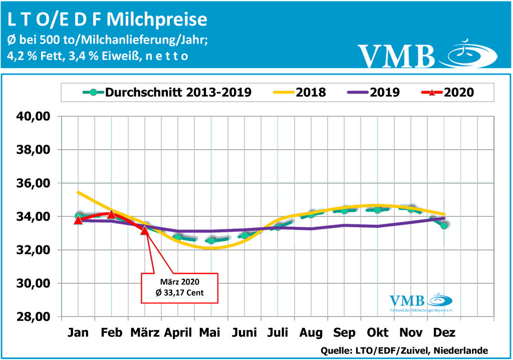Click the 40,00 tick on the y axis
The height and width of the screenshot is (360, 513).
click(34, 117)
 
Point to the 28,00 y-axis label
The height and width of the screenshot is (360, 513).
click(34, 317)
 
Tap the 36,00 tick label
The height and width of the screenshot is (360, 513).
click(34, 183)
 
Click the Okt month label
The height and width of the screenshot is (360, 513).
click(378, 333)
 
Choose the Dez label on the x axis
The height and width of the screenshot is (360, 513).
click(444, 333)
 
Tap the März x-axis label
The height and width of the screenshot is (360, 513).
click(144, 333)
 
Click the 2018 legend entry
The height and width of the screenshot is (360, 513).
click(311, 92)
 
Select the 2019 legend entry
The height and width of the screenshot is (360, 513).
click(385, 92)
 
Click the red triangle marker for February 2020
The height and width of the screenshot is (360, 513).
click(111, 215)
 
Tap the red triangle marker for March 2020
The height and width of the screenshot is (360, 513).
click(145, 230)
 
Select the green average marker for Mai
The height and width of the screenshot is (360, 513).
click(211, 241)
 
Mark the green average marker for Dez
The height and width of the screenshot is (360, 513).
click(444, 225)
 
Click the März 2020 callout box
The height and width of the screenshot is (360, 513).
click(180, 288)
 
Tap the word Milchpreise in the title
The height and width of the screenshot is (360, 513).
click(157, 19)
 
